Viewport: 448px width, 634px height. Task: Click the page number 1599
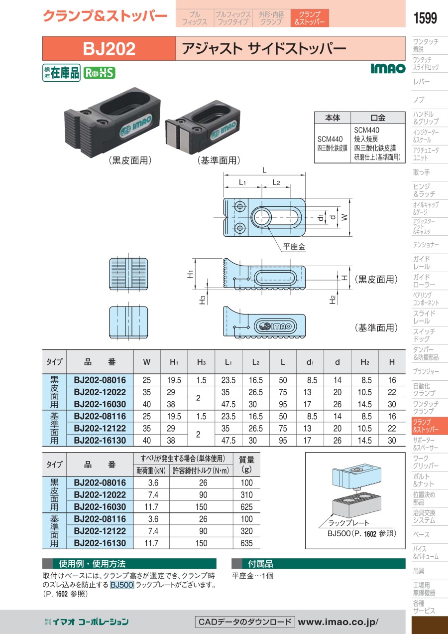coord(425,18)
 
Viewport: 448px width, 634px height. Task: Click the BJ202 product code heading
coord(109,48)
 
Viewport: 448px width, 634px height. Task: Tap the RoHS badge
coord(99,73)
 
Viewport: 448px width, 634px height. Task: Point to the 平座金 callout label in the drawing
coord(294,246)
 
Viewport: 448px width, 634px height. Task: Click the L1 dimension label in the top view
coord(242,182)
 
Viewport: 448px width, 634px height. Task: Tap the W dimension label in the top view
coord(344,217)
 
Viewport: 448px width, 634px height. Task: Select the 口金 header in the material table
coord(378,118)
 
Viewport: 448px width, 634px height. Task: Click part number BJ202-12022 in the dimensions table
coord(100,392)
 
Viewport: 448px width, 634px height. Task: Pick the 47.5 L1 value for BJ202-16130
coord(228,441)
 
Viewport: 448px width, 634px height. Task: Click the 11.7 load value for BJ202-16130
coord(151,543)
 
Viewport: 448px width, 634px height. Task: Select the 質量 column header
coord(246,465)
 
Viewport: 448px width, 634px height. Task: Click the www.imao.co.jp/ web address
coord(338,622)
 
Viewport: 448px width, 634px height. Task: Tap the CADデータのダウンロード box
coord(244,622)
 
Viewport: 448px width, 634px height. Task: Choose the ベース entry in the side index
coord(421,534)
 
